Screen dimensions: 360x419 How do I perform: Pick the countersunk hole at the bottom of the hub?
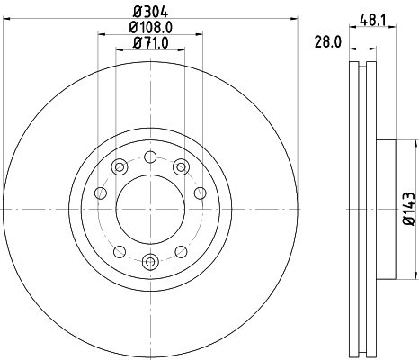[148, 262]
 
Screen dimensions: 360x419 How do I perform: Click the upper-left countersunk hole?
[117, 166]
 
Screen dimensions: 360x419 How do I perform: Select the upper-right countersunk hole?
[181, 166]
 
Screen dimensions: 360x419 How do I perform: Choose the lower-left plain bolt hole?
[117, 251]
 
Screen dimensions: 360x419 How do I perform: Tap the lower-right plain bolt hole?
[180, 251]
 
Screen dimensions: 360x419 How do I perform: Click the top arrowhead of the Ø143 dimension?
[415, 144]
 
